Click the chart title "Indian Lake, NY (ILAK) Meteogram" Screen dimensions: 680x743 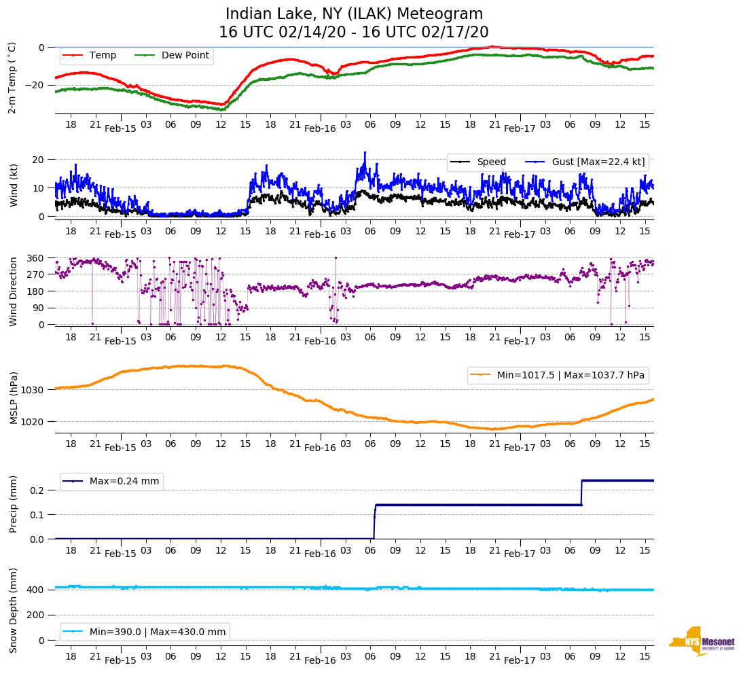[354, 14]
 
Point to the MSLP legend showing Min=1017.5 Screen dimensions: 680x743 [557, 375]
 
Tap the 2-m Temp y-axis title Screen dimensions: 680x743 [12, 77]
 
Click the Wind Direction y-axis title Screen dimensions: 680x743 [13, 291]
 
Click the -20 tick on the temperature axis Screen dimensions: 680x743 [33, 85]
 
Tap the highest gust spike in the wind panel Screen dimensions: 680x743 [365, 153]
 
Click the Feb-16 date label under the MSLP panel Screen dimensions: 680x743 [320, 448]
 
